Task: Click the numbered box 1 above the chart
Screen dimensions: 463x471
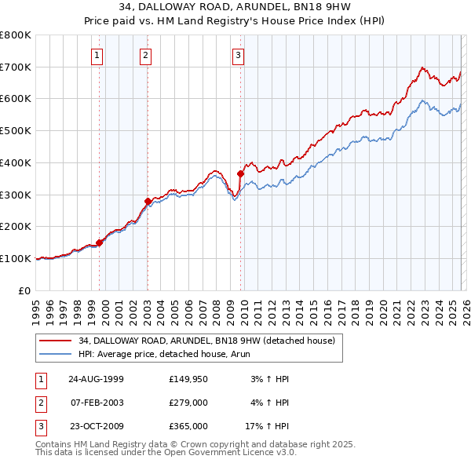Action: tap(97, 55)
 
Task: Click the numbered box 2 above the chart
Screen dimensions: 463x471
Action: tap(146, 55)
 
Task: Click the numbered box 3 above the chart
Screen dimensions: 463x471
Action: tap(238, 55)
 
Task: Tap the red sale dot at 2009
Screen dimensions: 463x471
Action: tap(240, 173)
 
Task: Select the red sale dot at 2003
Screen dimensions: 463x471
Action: tap(148, 201)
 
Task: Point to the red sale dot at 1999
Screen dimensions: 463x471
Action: tap(100, 242)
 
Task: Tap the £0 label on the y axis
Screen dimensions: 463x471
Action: tap(24, 290)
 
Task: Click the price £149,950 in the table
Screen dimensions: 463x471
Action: tap(188, 379)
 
